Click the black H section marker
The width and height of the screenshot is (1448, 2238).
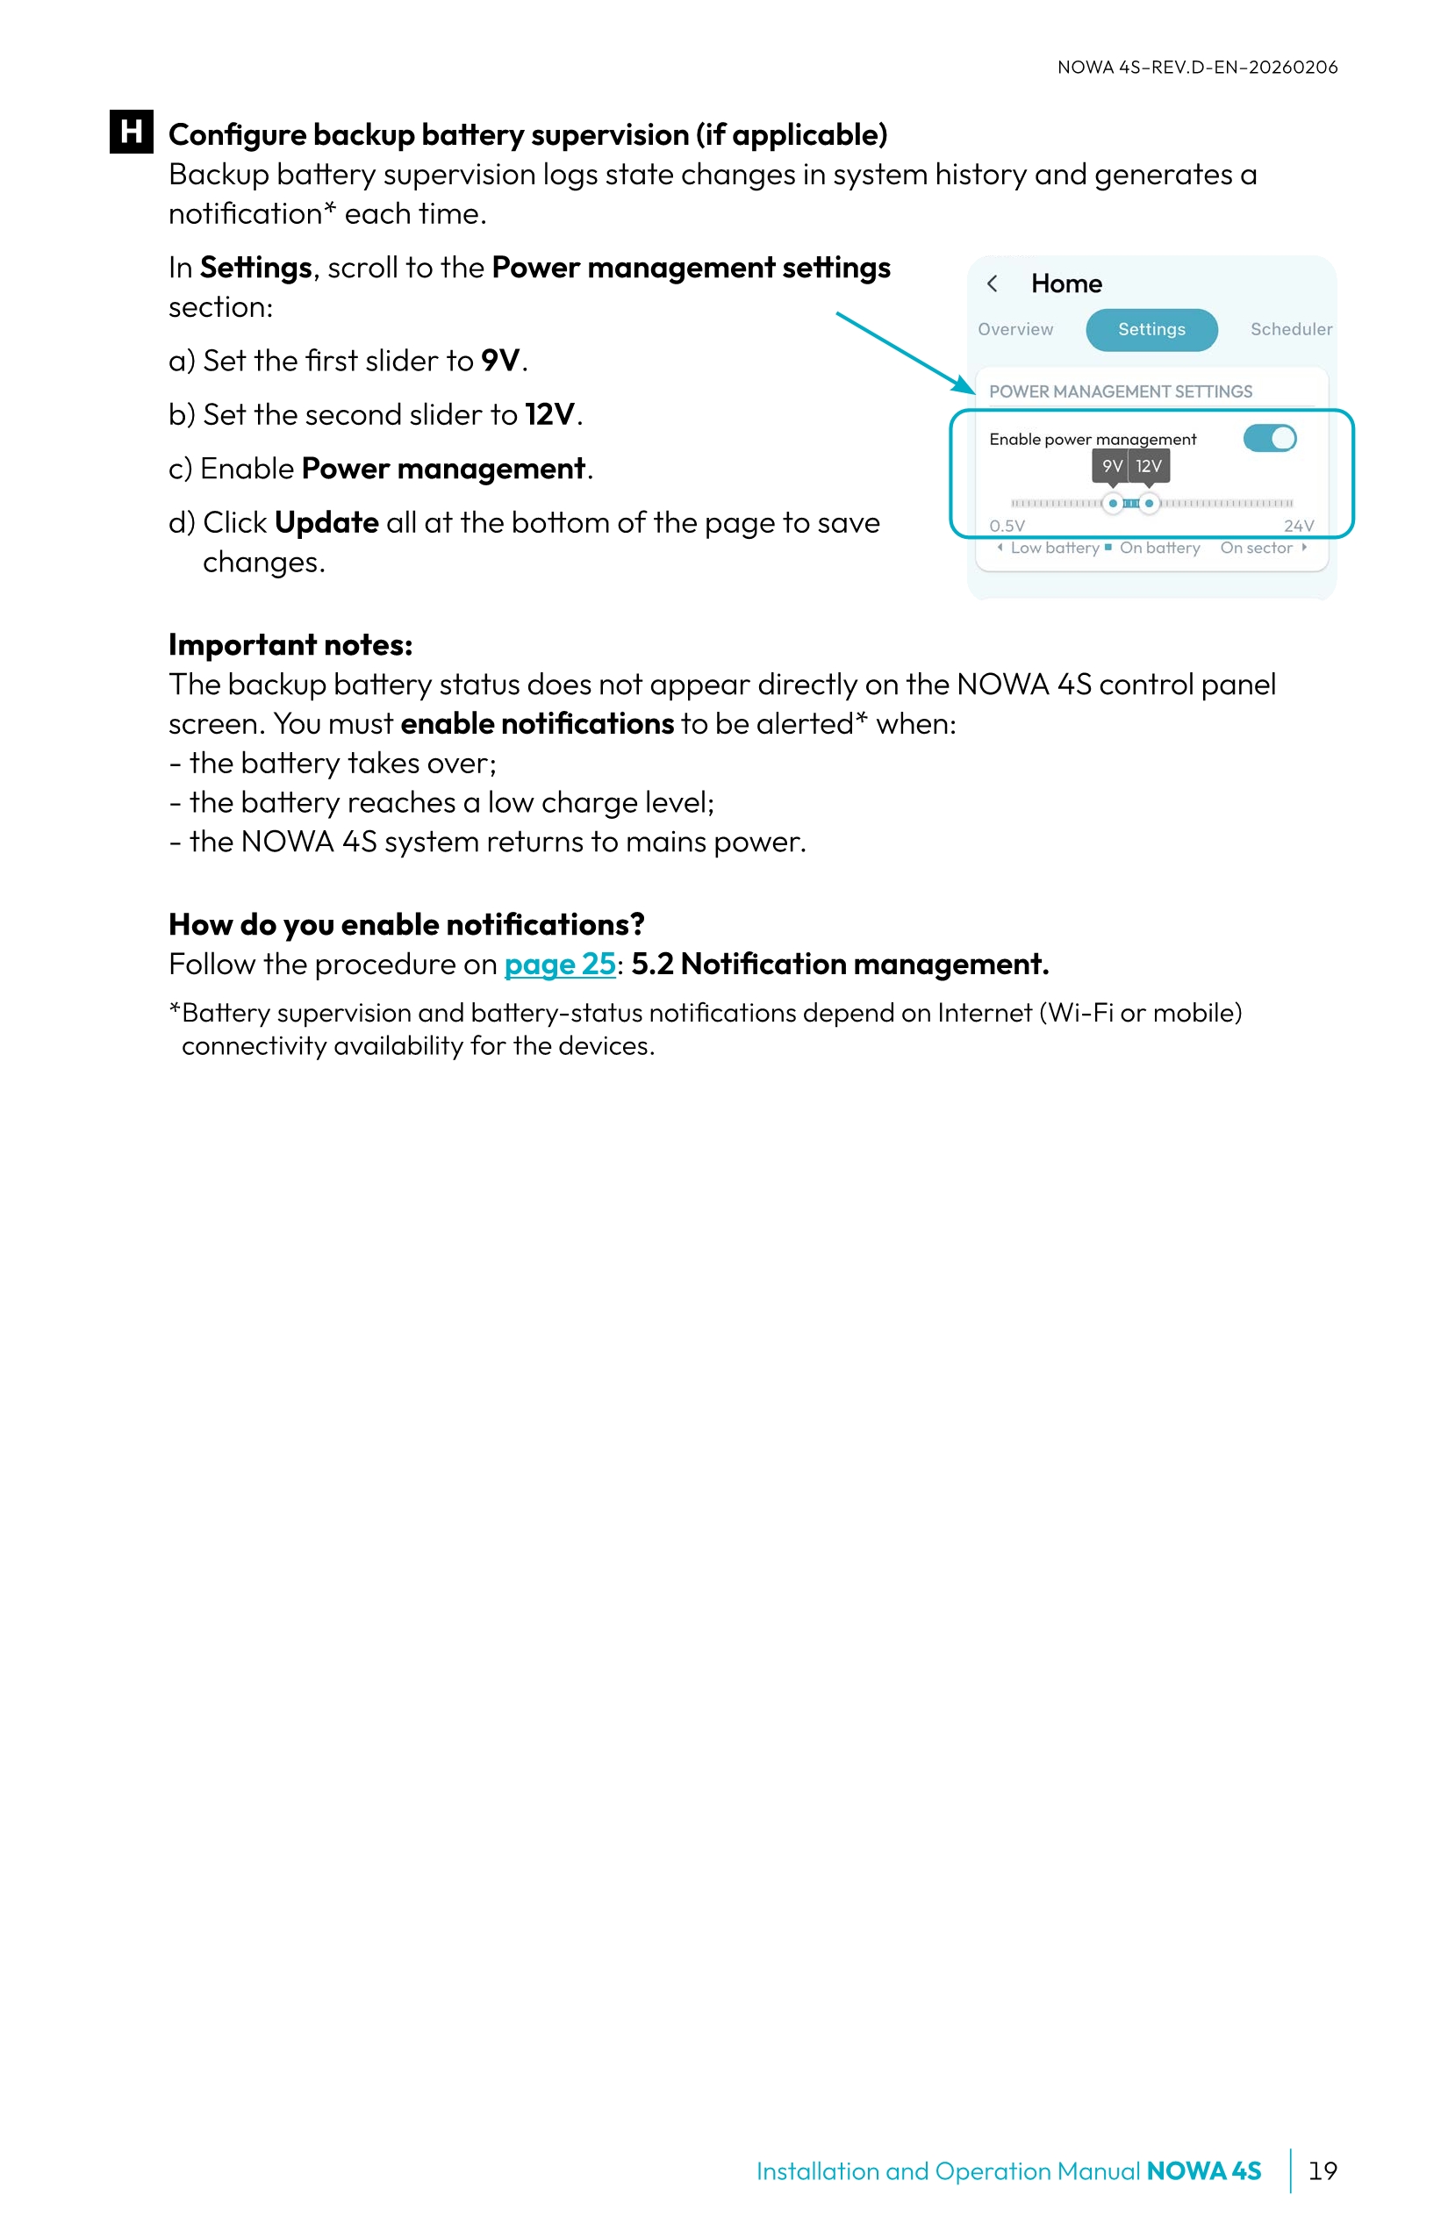(131, 131)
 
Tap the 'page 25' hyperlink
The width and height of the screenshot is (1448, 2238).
(560, 964)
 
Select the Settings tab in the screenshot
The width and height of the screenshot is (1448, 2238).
(1151, 329)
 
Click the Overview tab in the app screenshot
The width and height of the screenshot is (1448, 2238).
(1014, 329)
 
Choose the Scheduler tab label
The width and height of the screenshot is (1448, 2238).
(1290, 329)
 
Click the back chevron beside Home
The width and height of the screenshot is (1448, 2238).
(992, 284)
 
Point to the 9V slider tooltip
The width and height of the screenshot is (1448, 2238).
(1110, 466)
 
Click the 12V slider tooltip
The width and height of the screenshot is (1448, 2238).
(1149, 466)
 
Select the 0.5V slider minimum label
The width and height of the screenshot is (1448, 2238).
(1006, 526)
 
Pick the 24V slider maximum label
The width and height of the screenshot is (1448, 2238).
(1299, 526)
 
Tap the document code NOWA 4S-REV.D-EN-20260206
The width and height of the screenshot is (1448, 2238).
(1197, 68)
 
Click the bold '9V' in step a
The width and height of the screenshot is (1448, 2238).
(500, 360)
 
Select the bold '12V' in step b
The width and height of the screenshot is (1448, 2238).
(549, 414)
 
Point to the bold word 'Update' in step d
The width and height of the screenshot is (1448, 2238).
(326, 523)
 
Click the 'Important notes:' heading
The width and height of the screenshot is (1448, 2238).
(290, 645)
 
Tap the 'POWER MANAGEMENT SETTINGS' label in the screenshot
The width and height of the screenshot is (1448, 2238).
(1120, 391)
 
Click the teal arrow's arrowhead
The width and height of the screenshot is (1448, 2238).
(965, 385)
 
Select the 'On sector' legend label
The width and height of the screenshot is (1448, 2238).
(1256, 549)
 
